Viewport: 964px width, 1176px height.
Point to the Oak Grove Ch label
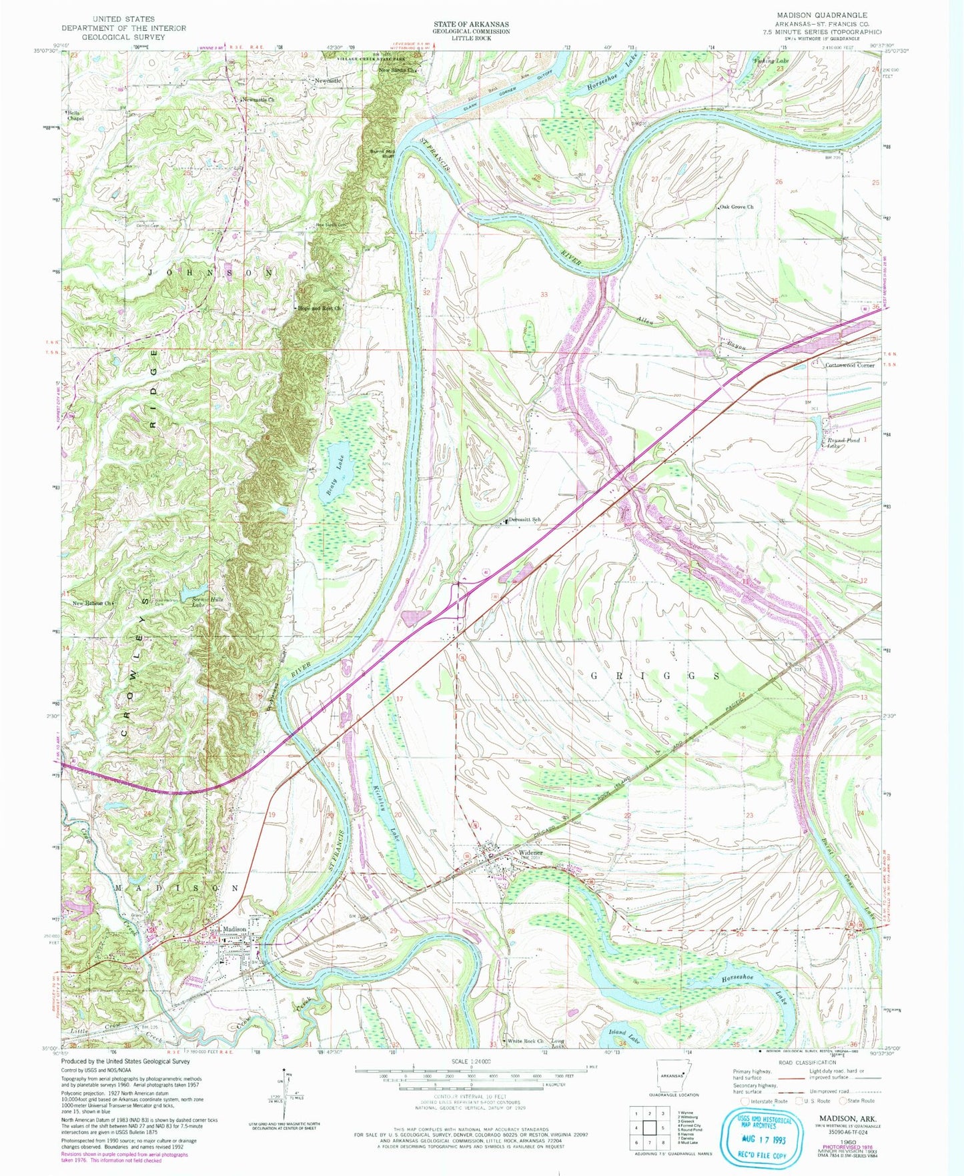click(737, 207)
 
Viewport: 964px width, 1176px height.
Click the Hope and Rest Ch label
click(320, 308)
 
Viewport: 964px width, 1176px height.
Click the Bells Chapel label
click(74, 115)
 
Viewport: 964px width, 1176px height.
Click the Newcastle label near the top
click(328, 80)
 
